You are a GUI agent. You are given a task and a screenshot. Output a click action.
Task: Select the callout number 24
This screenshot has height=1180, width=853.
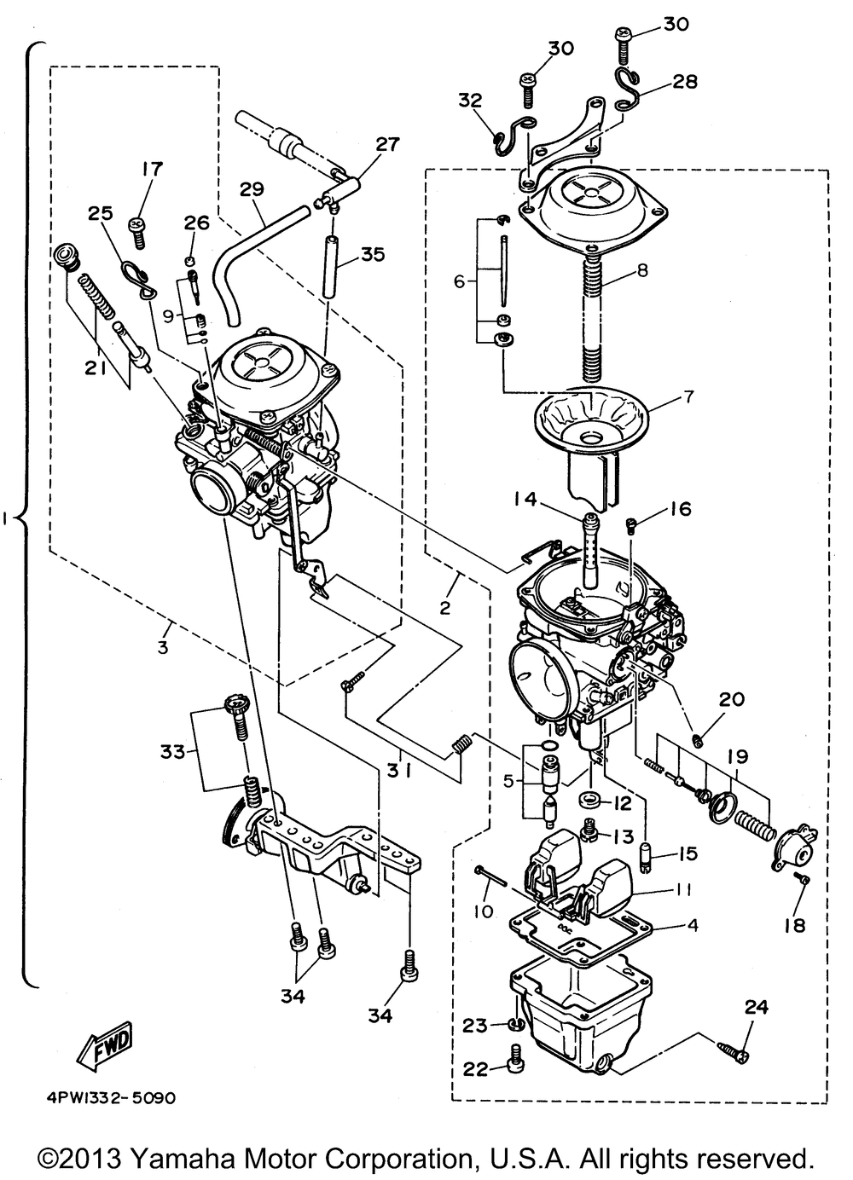tap(757, 1008)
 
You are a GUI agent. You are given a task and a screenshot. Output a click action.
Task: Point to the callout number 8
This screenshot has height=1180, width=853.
tap(642, 271)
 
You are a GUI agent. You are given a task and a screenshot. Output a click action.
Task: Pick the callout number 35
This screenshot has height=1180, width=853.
tap(373, 254)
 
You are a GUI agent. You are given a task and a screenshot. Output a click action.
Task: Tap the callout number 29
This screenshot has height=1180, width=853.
tap(252, 189)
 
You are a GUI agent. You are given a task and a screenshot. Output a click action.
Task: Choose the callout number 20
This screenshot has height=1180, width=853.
tap(731, 700)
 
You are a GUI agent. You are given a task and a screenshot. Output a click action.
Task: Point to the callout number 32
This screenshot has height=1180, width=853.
tap(471, 100)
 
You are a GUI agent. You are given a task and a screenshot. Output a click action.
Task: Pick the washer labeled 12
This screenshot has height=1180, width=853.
tap(590, 802)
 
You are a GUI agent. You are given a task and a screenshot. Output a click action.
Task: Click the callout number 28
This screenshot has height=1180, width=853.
tap(685, 82)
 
